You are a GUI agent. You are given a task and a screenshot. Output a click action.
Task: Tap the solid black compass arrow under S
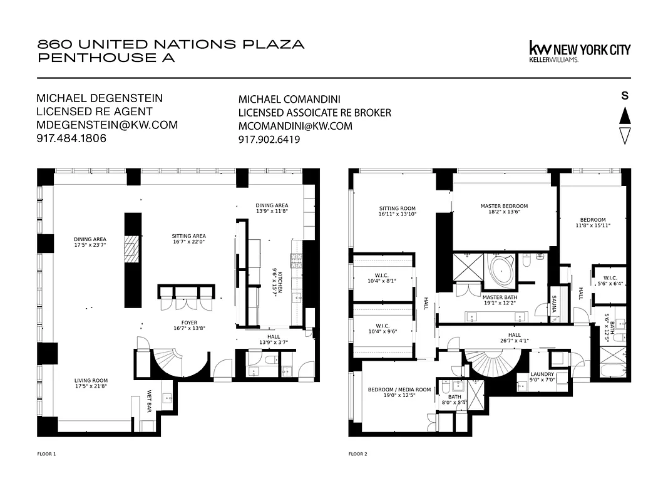[x=624, y=116]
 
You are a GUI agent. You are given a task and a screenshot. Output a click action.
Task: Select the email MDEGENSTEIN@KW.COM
[x=107, y=125]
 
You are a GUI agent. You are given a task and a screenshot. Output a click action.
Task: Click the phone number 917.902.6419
[x=269, y=140]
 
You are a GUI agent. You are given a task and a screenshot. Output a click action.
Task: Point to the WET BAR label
[x=150, y=401]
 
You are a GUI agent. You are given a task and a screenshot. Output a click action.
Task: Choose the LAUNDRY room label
[x=542, y=374]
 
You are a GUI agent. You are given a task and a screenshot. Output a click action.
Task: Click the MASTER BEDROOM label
[x=504, y=206]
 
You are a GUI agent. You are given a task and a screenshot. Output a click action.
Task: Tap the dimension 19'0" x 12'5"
[x=399, y=396]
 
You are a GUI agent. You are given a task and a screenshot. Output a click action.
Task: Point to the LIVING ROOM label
[x=91, y=380]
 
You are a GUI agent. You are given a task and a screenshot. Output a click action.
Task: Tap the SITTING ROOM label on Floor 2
[x=397, y=209]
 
